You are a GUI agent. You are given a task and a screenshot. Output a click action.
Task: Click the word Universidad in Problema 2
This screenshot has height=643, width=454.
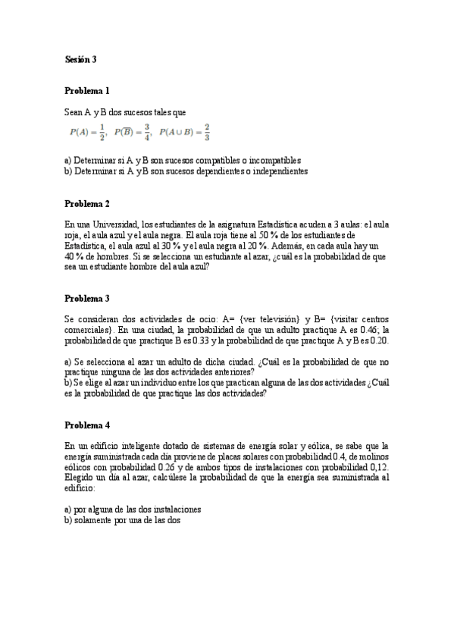coord(111,224)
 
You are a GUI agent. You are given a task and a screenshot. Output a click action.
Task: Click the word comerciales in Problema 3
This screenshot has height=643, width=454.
coord(88,330)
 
